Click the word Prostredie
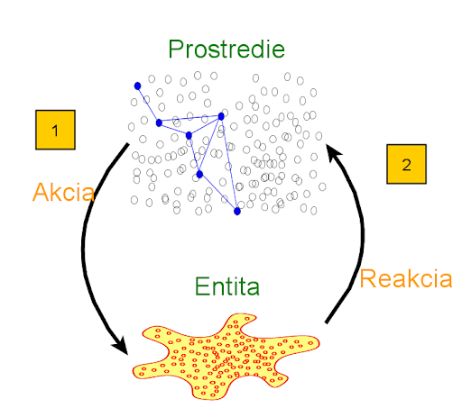coord(226,49)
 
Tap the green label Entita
coord(227,286)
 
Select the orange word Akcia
coord(63,192)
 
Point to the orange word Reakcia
coord(406,278)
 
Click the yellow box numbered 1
coord(55,130)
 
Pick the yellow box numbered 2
coord(406,164)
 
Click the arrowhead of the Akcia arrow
coord(121,346)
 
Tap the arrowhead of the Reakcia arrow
coord(333,151)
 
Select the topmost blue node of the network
coord(137,86)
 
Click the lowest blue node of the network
coord(237,212)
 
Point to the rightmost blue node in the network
coord(237,212)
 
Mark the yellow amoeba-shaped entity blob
coord(226,358)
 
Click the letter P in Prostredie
coord(175,49)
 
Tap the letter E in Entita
coord(201,286)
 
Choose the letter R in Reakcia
coord(367,278)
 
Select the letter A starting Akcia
coord(42,192)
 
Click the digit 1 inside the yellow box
coord(55,131)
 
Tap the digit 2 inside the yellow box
coord(406,165)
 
